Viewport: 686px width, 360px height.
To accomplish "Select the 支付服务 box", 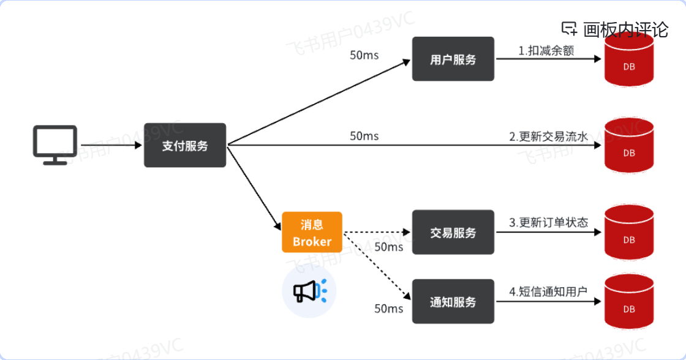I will click(185, 146).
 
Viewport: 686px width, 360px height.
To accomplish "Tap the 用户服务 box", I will click(453, 59).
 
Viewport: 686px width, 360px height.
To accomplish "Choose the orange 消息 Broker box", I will click(312, 233).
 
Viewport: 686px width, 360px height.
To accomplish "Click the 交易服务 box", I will click(453, 233).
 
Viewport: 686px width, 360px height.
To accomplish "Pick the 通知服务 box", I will click(453, 302).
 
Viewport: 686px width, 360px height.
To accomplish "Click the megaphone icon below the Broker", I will click(309, 291).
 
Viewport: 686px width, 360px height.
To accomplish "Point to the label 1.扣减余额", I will click(546, 51).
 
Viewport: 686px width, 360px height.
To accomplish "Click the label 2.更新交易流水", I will click(548, 137).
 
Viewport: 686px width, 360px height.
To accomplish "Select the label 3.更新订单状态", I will click(548, 223).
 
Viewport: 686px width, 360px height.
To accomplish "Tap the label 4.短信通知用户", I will click(548, 291).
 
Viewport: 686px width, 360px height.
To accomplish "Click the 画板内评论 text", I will click(625, 29).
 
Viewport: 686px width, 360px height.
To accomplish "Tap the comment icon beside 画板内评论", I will click(570, 29).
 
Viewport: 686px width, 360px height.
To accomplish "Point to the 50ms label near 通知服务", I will click(389, 309).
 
